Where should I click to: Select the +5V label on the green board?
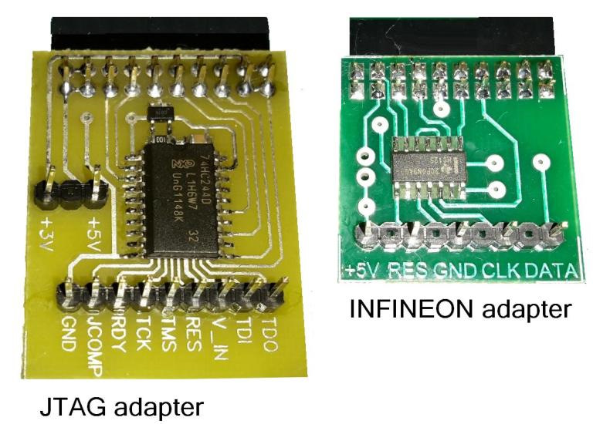[363, 271]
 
